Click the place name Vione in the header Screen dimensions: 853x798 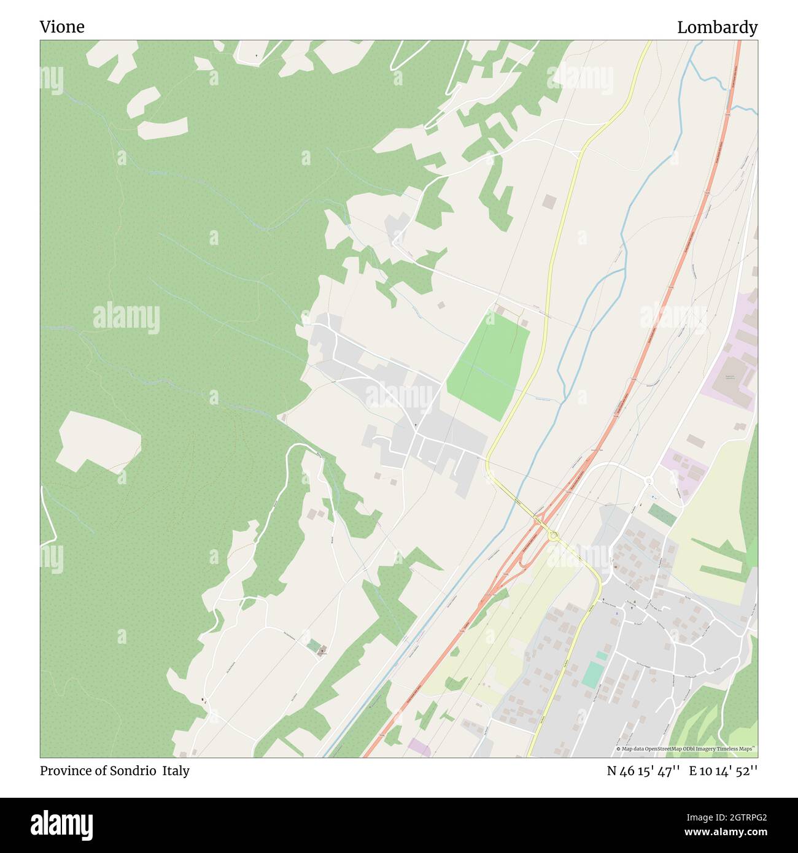pyautogui.click(x=62, y=27)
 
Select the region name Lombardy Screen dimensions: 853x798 pyautogui.click(x=717, y=28)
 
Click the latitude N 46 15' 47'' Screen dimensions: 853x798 pyautogui.click(x=643, y=771)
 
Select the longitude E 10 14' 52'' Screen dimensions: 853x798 pyautogui.click(x=723, y=771)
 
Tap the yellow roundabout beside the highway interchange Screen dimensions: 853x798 pyautogui.click(x=554, y=535)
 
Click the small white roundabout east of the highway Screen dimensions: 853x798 pyautogui.click(x=649, y=480)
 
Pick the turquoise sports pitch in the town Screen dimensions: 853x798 pyautogui.click(x=593, y=674)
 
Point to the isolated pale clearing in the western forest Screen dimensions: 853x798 pyautogui.click(x=98, y=439)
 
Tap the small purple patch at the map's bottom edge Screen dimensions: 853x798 pyautogui.click(x=419, y=747)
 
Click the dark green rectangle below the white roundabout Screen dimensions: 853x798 pyautogui.click(x=662, y=514)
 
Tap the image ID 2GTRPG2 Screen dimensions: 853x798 pyautogui.click(x=734, y=817)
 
